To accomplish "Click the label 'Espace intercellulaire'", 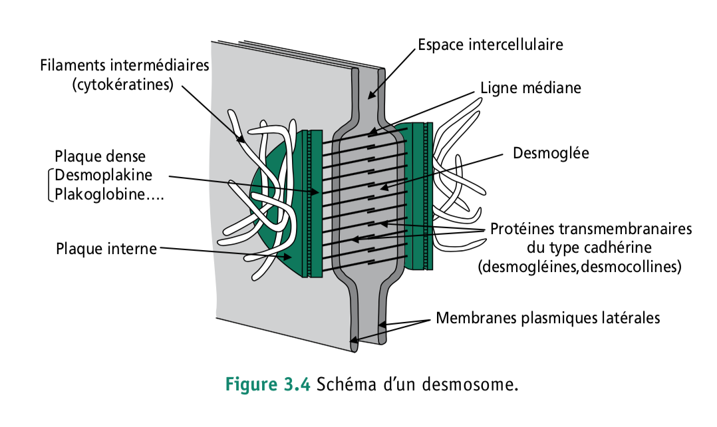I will (x=490, y=45).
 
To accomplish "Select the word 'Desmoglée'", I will (x=551, y=153).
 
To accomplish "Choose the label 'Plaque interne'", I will (x=106, y=249).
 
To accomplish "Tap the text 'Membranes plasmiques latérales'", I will (x=547, y=318).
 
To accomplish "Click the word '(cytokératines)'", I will (x=122, y=84).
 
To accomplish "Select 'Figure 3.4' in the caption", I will (x=268, y=385).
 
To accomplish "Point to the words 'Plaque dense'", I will (x=100, y=156).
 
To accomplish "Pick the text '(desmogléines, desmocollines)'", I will (x=579, y=267).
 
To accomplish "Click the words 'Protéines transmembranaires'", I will (x=591, y=229).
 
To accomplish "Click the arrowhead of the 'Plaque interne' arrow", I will (x=291, y=257).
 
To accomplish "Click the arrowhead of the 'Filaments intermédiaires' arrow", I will (x=244, y=142).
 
